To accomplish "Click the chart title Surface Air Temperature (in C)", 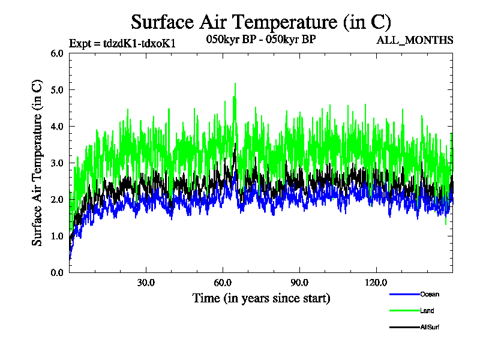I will (261, 22).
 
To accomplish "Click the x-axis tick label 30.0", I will (146, 283).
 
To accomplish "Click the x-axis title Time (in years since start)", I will (261, 298).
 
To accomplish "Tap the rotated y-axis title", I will (37, 163).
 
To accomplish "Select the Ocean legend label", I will (430, 295).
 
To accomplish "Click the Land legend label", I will (427, 311).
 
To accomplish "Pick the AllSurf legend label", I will (430, 327).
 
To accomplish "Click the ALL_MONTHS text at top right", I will (415, 41).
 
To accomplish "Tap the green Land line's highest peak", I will (235, 83).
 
